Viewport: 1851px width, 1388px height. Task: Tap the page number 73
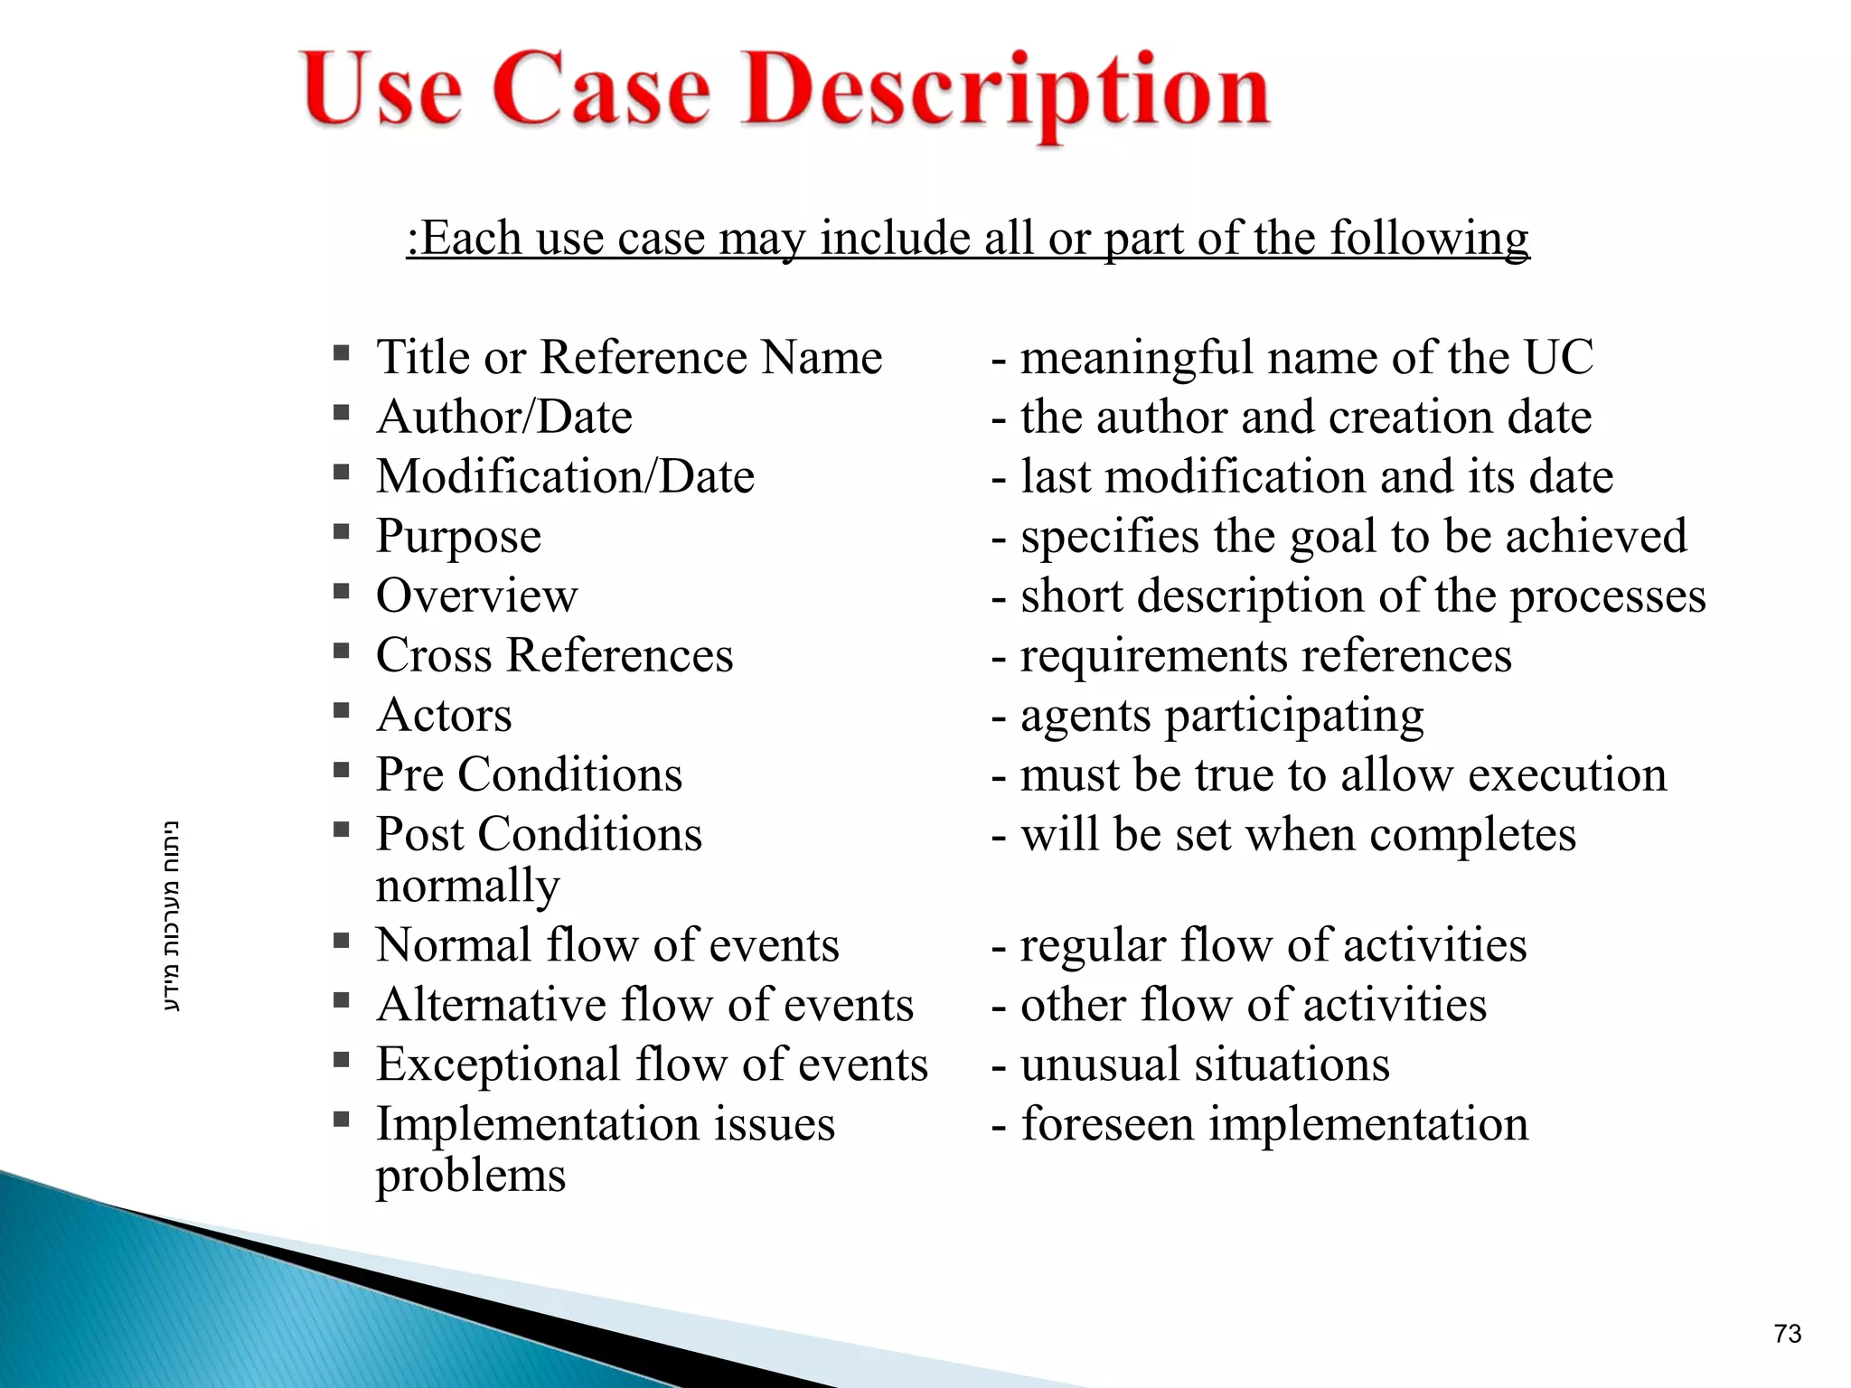coord(1787,1334)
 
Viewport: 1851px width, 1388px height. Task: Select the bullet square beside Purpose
coord(341,531)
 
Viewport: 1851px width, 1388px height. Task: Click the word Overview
coord(476,596)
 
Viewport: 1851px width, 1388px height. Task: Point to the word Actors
coord(444,716)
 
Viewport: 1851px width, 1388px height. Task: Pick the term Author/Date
coord(504,417)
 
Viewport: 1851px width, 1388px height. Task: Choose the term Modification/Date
coord(565,477)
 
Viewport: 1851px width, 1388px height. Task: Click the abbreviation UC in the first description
coord(1558,358)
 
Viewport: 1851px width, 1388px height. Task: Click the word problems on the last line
coord(471,1177)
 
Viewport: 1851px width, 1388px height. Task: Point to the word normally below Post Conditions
coord(467,886)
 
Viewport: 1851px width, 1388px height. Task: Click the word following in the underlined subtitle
coord(1429,239)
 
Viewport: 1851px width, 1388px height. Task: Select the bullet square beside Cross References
coord(341,651)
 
